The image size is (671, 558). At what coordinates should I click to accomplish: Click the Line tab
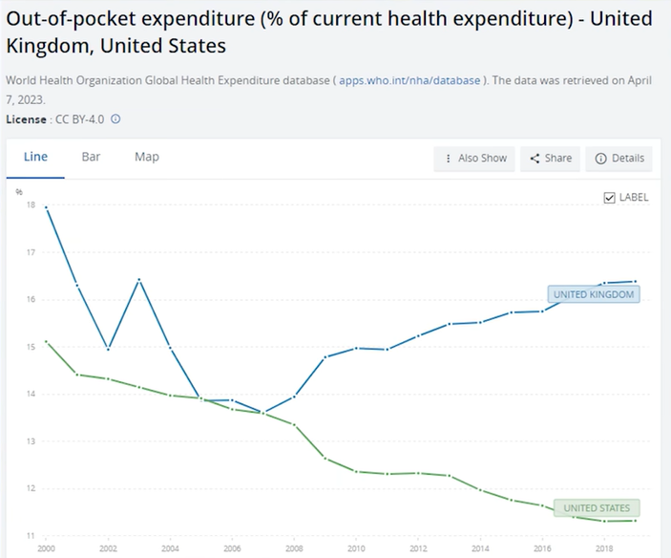[35, 158]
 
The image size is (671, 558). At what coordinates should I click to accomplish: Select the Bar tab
[91, 158]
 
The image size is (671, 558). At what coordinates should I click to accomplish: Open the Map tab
[147, 158]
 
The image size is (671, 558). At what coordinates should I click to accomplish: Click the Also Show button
[474, 159]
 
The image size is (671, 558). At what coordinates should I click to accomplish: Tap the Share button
[551, 159]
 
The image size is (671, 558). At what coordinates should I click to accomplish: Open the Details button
[619, 159]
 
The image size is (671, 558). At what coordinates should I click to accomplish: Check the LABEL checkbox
[610, 198]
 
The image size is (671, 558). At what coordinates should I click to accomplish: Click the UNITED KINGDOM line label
[593, 294]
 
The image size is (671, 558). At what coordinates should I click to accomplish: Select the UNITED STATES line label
[597, 508]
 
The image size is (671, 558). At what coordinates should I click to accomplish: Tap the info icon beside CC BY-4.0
[115, 119]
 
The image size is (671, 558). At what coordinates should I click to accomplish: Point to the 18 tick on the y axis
[31, 205]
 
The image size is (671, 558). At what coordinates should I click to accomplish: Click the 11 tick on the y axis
[31, 536]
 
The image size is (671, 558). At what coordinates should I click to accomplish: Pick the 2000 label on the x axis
[46, 549]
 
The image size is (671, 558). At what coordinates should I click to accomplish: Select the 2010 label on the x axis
[355, 549]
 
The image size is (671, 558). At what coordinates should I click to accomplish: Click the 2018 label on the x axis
[603, 549]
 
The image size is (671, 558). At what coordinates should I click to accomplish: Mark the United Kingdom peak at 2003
[139, 280]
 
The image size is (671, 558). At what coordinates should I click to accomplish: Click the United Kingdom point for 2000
[47, 207]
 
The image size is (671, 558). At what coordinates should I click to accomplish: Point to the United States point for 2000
[47, 341]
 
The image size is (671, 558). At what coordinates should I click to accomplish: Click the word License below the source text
[26, 119]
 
